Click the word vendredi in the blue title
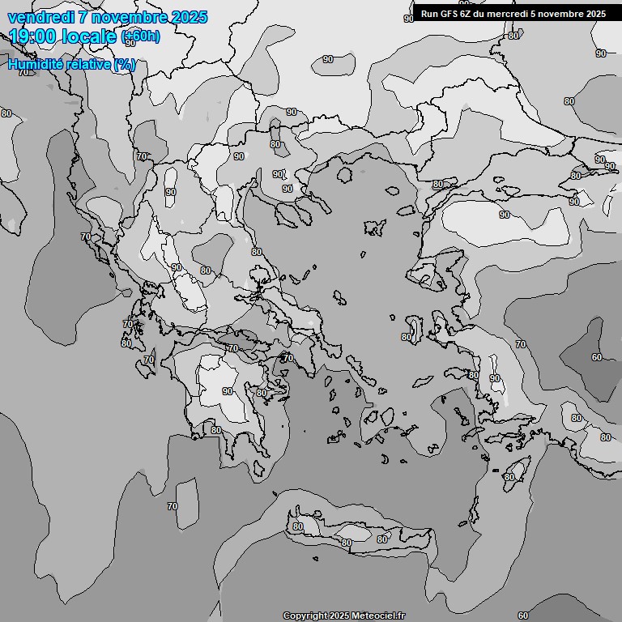click(x=38, y=17)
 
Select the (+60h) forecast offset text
click(x=140, y=36)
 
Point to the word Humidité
click(x=37, y=65)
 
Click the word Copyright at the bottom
click(x=305, y=616)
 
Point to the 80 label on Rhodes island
click(x=509, y=477)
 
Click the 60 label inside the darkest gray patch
click(x=596, y=357)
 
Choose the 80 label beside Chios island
click(x=407, y=337)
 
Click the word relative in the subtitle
click(x=89, y=65)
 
